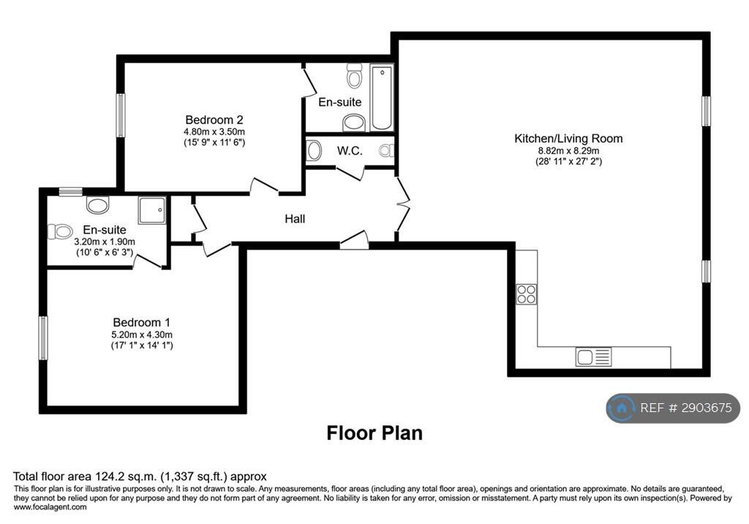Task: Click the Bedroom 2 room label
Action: [x=214, y=119]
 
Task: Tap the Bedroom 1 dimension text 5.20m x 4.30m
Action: [x=142, y=334]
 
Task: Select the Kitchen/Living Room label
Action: [x=568, y=138]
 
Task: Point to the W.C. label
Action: [x=350, y=151]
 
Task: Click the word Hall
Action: [x=295, y=219]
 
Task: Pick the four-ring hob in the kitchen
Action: [x=527, y=294]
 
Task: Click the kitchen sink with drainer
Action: [x=593, y=356]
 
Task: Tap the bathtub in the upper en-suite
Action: [x=382, y=98]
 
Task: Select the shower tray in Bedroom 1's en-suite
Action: [x=152, y=210]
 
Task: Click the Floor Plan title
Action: [x=374, y=433]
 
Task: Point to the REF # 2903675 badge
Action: [x=673, y=408]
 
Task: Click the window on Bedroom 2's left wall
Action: [x=121, y=115]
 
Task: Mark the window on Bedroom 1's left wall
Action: [x=43, y=338]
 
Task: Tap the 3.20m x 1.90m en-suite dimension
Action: [x=105, y=242]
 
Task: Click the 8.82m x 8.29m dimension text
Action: [x=568, y=151]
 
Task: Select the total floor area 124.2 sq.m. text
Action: [x=140, y=476]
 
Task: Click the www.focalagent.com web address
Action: [x=50, y=507]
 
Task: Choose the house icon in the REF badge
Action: [x=622, y=408]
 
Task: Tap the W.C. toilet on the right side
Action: [x=386, y=151]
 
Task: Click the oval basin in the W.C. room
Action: [x=313, y=150]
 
